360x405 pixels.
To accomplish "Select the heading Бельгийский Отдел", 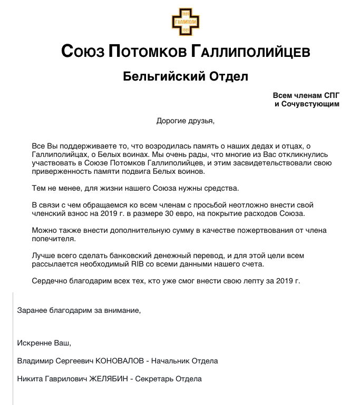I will tap(185, 77).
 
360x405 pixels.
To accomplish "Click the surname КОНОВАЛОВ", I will tap(121, 361).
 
